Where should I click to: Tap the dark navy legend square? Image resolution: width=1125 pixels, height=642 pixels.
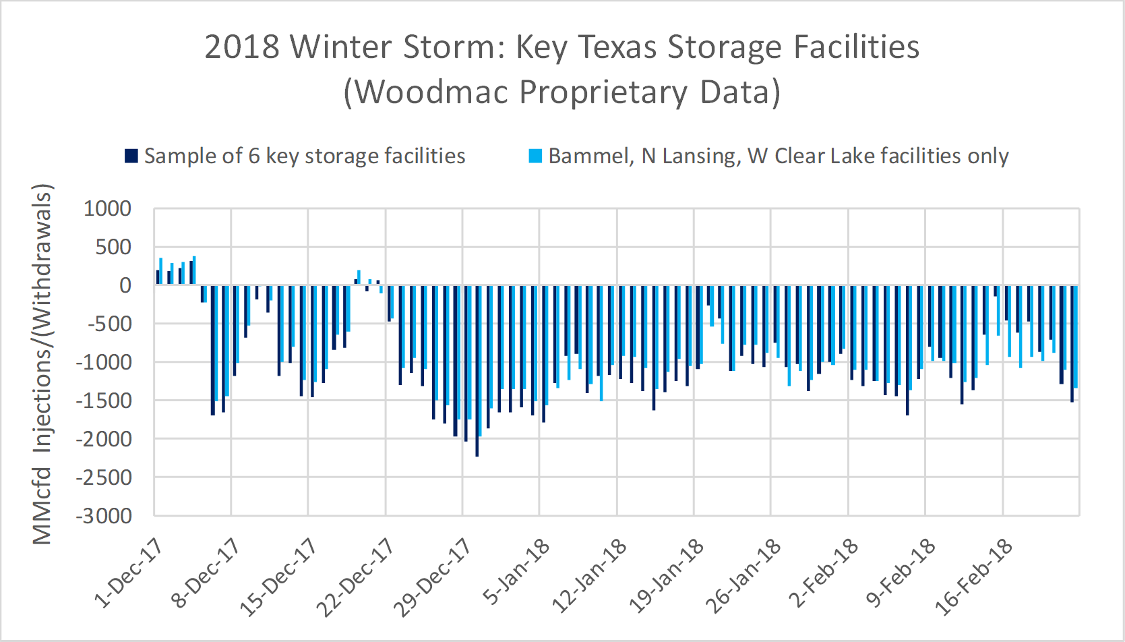[131, 156]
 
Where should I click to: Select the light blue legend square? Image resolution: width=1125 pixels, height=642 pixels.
[535, 156]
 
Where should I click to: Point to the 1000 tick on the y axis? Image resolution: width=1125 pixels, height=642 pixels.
[107, 209]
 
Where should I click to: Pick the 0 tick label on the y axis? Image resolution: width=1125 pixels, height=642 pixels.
[125, 285]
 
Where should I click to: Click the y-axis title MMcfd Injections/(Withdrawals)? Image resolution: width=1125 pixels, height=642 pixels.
[42, 364]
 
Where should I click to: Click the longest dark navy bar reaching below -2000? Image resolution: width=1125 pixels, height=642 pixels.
[477, 371]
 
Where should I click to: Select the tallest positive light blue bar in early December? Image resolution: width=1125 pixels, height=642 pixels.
[194, 270]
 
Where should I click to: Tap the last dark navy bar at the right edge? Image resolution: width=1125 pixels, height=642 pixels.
[1072, 343]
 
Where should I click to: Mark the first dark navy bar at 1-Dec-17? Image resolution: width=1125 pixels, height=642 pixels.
[158, 277]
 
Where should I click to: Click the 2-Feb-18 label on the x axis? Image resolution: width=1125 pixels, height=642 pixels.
[823, 574]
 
